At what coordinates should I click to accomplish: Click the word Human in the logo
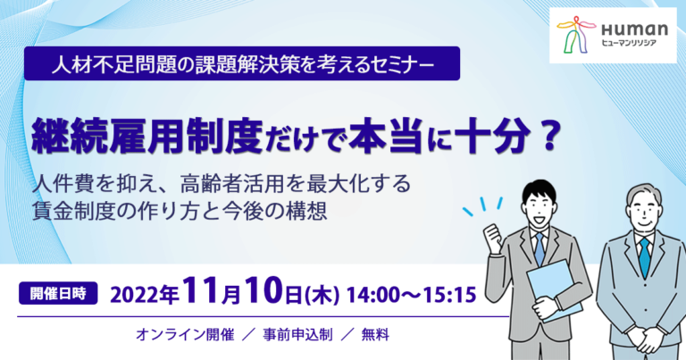634,29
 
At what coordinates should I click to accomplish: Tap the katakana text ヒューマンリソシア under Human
629,42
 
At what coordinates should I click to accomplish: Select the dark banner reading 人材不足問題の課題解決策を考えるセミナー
242,63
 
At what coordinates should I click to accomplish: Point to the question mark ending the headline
548,137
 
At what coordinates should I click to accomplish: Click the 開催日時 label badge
58,293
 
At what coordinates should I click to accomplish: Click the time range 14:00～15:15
411,295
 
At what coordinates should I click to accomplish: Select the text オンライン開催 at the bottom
185,335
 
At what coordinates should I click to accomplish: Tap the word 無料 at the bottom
375,335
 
